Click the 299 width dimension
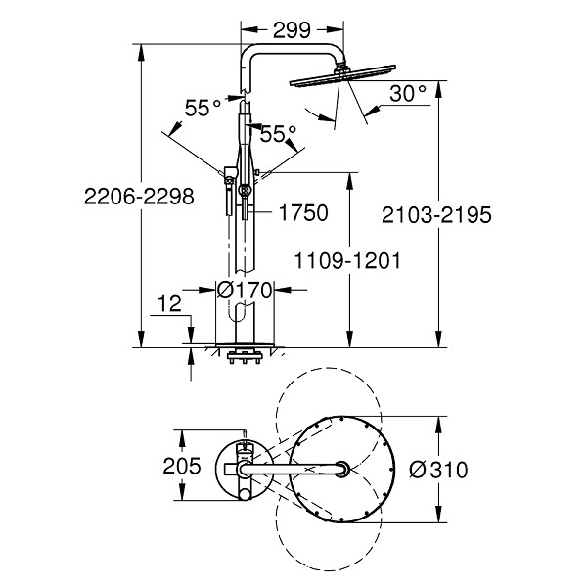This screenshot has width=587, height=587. pos(292,30)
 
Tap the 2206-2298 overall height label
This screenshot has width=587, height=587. pos(139,197)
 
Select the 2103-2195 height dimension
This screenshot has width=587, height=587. pos(436,215)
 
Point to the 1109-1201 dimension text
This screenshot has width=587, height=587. pos(347,261)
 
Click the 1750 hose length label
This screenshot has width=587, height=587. pos(303,212)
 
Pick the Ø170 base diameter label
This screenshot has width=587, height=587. pos(245,290)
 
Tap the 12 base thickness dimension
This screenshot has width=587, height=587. pos(169,303)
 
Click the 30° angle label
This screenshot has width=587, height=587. pos(408,93)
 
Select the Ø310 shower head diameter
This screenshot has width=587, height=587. pos(438,469)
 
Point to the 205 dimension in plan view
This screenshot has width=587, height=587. pos(182,466)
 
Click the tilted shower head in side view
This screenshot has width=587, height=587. pos(342,76)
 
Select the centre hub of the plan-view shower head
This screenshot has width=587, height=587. pos(342,469)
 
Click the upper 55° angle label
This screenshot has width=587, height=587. pos(203,108)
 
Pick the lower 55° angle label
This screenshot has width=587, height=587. pos(278,134)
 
